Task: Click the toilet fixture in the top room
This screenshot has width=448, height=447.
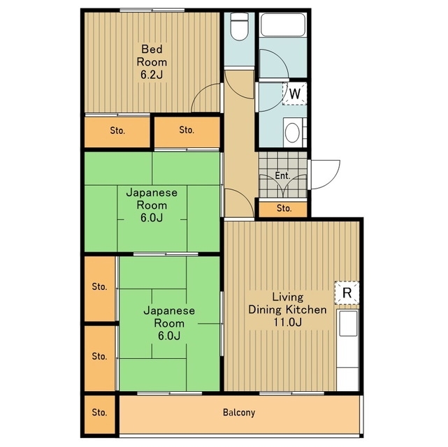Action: tap(239, 27)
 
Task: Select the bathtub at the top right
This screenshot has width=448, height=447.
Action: tap(283, 25)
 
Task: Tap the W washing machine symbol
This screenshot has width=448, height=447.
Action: tap(294, 94)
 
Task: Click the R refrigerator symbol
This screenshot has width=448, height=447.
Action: tap(347, 293)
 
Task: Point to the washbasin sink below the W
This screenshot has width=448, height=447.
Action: tap(292, 133)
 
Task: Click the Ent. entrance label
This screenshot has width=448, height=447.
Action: tap(282, 175)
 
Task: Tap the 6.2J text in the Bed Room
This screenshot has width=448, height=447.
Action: tap(152, 75)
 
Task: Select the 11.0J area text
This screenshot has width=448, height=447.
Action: tap(287, 322)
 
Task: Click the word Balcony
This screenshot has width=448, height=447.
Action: tap(239, 413)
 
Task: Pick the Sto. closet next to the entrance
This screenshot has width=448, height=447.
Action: tap(283, 210)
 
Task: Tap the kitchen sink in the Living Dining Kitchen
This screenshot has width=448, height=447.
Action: tap(348, 323)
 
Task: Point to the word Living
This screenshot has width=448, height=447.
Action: tap(287, 297)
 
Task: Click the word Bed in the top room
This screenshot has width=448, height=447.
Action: tap(152, 49)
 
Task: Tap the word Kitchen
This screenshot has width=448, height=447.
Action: tap(307, 309)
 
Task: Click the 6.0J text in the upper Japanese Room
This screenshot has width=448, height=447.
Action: tap(152, 218)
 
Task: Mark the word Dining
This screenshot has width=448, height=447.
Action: tap(266, 310)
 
